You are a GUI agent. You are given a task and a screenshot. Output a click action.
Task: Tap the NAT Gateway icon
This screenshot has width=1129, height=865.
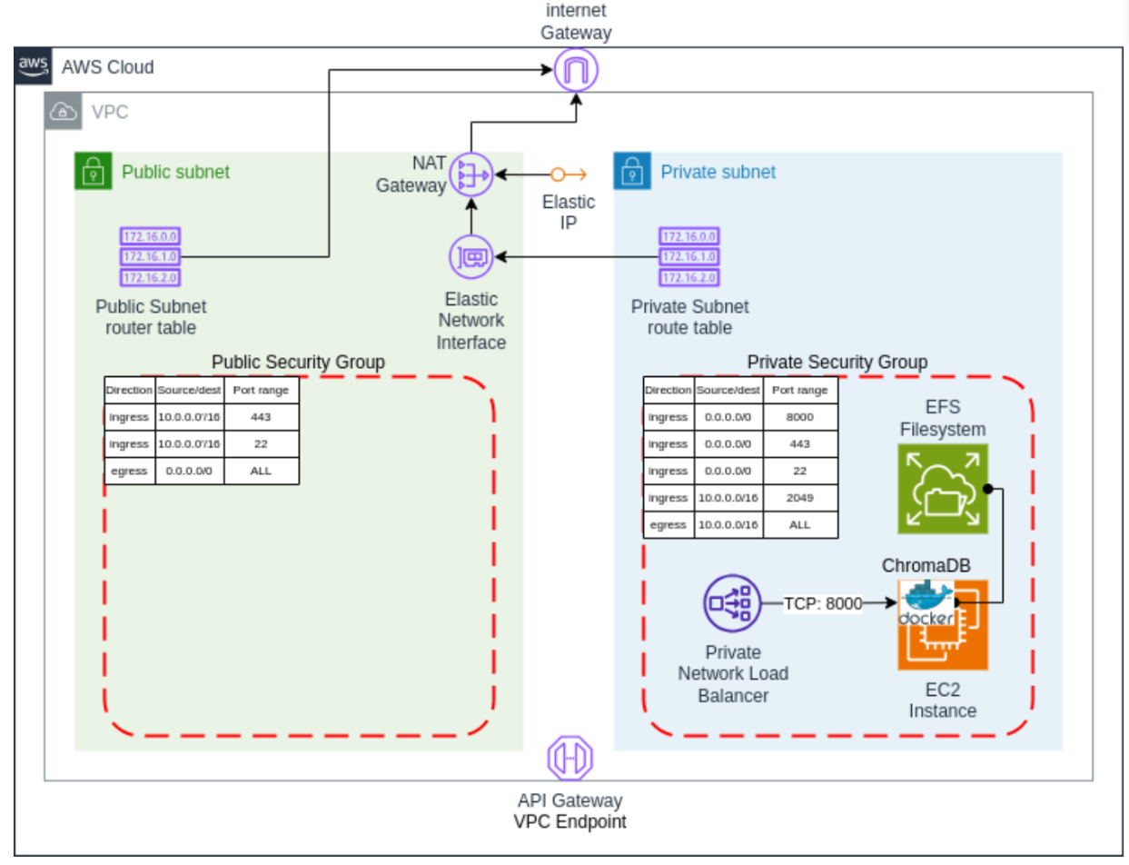click(471, 174)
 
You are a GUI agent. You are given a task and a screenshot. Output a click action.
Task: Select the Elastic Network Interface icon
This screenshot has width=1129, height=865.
click(471, 257)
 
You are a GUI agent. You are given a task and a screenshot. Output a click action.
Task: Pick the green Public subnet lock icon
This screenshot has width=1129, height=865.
click(92, 171)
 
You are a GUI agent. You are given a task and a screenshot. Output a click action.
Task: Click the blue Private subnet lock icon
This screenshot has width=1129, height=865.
click(632, 171)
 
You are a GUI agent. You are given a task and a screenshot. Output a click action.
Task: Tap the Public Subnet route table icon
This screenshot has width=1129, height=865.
click(150, 256)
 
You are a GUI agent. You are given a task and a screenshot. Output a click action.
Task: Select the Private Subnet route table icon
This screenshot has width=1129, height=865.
click(690, 256)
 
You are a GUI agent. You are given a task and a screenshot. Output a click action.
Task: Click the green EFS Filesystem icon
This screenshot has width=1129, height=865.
click(943, 489)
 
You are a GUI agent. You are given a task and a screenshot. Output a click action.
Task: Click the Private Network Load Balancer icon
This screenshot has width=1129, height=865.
click(731, 603)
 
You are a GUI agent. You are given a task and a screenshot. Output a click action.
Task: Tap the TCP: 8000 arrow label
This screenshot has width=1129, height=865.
click(822, 603)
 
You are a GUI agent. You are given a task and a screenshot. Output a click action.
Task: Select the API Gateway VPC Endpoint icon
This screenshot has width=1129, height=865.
click(569, 757)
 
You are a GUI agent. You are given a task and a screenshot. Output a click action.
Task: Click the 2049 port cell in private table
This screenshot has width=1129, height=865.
click(799, 498)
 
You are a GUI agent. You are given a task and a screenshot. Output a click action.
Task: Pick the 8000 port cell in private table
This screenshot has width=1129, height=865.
click(799, 417)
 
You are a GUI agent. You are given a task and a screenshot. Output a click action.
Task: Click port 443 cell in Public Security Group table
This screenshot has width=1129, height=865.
click(261, 417)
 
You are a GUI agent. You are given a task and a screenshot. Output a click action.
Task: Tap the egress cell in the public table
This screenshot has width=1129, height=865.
click(128, 471)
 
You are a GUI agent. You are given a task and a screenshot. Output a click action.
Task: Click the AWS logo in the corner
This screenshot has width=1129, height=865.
click(32, 66)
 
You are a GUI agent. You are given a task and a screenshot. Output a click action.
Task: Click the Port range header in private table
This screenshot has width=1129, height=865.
click(799, 390)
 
